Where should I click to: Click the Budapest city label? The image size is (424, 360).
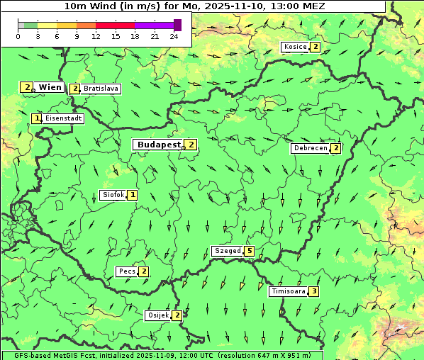click(x=159, y=145)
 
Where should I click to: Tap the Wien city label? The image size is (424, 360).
click(x=50, y=87)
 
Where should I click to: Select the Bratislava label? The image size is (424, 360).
click(x=100, y=89)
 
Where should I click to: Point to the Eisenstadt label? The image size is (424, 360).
click(x=63, y=118)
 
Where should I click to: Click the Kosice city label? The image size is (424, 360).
click(x=295, y=47)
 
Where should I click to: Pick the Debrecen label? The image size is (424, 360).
click(x=310, y=148)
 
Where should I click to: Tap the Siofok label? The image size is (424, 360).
click(x=113, y=194)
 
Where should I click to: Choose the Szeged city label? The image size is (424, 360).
click(x=227, y=251)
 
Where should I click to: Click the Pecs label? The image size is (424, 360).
click(x=127, y=271)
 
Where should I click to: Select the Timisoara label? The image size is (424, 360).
click(x=289, y=291)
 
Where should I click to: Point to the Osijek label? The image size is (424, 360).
click(x=157, y=315)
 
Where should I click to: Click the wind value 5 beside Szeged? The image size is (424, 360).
click(x=249, y=251)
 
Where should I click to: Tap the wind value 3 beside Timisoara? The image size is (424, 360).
click(x=314, y=291)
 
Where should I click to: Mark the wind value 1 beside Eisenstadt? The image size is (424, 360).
click(x=37, y=118)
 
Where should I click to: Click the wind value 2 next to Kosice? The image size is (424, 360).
click(x=316, y=47)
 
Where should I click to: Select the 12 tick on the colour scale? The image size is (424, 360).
click(x=96, y=36)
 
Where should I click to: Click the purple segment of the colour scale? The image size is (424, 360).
click(x=154, y=25)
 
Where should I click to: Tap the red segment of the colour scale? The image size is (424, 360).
click(x=115, y=25)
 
